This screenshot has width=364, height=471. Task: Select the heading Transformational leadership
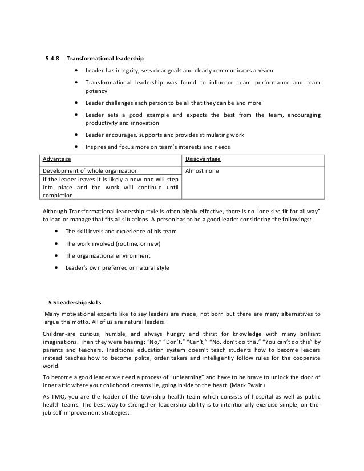[x=105, y=58]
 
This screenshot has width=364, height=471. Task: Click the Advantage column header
[x=56, y=159]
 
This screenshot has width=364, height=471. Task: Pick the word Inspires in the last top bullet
[x=97, y=147]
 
